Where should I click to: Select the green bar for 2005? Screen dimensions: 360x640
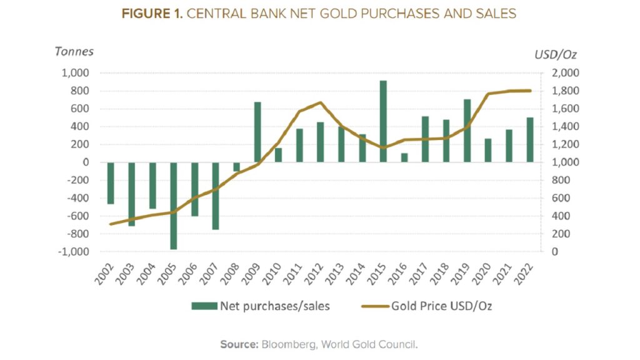pos(173,206)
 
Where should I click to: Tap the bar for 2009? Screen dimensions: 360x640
pos(257,132)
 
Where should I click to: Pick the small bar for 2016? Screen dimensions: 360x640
pos(404,157)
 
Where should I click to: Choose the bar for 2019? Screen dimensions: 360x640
pos(467,131)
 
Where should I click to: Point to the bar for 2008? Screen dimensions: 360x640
pos(236,166)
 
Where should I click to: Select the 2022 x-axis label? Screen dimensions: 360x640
pos(526,271)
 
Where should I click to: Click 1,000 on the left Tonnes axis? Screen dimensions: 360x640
pos(77,73)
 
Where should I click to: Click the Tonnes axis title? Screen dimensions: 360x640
pos(74,51)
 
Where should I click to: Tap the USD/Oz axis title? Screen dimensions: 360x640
pos(555,54)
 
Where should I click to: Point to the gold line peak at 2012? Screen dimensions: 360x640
pos(320,102)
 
